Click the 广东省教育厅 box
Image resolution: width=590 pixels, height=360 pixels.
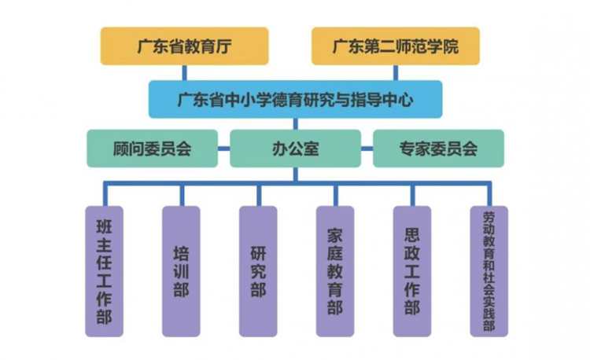(x=184, y=46)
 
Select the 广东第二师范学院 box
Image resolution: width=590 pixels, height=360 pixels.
(x=396, y=46)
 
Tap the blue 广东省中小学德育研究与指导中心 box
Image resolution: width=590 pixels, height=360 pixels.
(x=295, y=100)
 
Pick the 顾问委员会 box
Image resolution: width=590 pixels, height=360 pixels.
(x=152, y=149)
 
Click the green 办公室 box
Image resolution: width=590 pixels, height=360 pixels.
(x=295, y=149)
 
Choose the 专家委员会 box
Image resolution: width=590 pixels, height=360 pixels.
(x=438, y=149)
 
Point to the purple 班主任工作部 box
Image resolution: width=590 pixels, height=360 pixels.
(x=103, y=271)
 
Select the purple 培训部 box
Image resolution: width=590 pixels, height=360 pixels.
(x=180, y=271)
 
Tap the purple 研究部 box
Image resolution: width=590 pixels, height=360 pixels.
(x=257, y=271)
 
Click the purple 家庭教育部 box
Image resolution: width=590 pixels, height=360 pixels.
(x=334, y=271)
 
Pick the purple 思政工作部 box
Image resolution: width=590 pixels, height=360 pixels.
(x=411, y=271)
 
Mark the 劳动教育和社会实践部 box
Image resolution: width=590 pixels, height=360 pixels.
(x=489, y=271)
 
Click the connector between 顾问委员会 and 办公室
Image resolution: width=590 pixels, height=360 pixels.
(x=223, y=149)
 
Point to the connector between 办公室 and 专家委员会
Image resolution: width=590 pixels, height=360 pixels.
(x=367, y=149)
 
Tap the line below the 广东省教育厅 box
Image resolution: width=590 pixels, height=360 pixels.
(x=184, y=72)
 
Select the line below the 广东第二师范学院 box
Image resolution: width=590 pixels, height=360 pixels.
(x=396, y=72)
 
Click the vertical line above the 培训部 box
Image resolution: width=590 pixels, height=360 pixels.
(x=181, y=195)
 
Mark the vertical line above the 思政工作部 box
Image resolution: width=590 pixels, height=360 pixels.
(x=411, y=195)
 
